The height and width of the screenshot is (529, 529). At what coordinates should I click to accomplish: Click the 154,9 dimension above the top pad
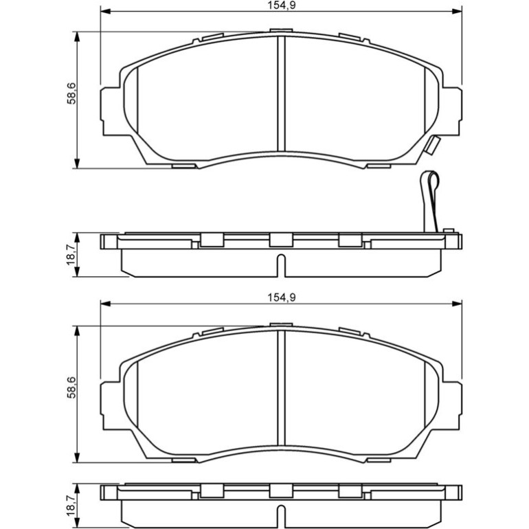[282, 5]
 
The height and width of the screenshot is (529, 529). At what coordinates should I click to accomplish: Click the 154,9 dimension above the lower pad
[282, 297]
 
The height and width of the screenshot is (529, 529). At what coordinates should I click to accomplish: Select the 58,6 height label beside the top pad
[71, 93]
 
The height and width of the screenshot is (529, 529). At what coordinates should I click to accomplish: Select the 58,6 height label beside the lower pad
[71, 387]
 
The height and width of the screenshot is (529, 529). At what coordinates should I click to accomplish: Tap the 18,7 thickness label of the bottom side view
[71, 506]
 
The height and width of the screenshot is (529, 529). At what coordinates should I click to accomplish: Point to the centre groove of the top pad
[281, 93]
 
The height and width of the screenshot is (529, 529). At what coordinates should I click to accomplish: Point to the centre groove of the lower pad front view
[281, 387]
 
